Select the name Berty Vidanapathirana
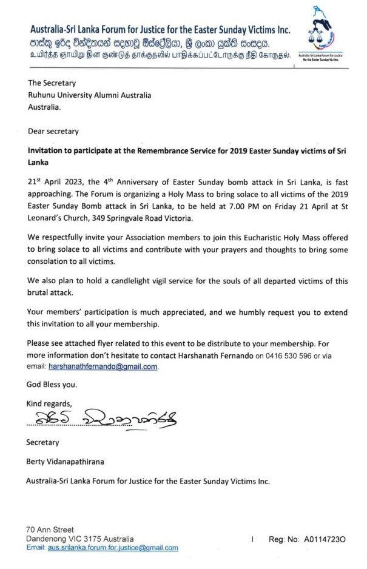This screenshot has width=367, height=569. coord(65,462)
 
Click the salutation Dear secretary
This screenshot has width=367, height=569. coord(53,131)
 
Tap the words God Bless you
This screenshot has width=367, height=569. coord(52,385)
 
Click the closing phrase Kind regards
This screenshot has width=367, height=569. coord(49,403)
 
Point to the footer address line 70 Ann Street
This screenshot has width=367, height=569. coord(50,530)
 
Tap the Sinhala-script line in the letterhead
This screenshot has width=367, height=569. coord(149,44)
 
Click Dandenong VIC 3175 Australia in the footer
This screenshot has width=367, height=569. coord(79,539)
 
